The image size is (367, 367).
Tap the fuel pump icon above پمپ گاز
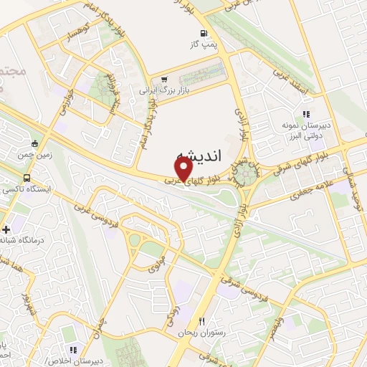pos(205,32)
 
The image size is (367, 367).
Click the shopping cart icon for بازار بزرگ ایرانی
pos(166,80)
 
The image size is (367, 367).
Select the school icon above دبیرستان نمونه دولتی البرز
pos(306,113)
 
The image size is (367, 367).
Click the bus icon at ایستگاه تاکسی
pos(27,178)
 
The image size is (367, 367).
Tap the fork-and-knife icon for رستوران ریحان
pos(201,321)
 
